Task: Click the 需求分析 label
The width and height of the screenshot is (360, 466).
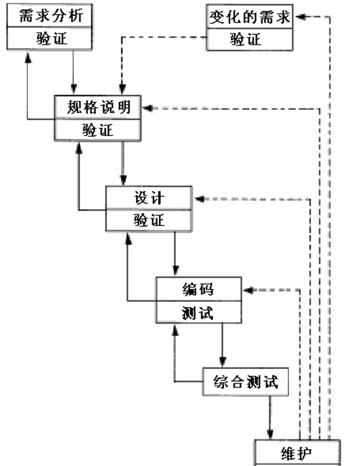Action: (48, 14)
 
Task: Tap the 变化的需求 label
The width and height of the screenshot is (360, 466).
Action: (250, 17)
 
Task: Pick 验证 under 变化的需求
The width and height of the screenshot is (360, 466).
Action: (250, 39)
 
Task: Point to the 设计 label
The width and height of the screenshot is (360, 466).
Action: (149, 197)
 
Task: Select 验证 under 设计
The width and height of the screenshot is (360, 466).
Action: (149, 220)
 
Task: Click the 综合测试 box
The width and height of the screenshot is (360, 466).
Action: (245, 382)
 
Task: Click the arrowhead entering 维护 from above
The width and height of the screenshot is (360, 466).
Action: (271, 434)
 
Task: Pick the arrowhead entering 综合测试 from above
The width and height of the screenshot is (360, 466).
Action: (222, 362)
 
